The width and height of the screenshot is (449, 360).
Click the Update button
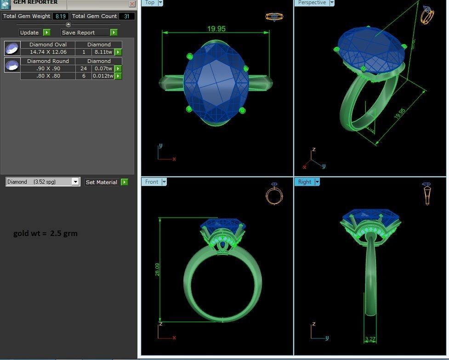29,33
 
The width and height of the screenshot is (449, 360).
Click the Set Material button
102,182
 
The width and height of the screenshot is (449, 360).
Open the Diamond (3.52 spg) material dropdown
75,182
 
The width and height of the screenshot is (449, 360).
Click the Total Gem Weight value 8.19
60,16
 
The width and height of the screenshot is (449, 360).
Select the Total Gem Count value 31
127,16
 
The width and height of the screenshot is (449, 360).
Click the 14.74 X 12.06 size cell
48,52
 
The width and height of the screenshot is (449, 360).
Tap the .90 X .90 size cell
48,68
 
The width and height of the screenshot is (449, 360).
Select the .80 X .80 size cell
48,76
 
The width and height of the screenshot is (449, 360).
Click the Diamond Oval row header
48,45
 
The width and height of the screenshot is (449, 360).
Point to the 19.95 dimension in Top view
216,28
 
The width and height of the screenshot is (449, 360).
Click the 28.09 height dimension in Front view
157,270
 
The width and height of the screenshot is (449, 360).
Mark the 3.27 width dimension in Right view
370,339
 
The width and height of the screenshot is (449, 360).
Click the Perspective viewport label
312,2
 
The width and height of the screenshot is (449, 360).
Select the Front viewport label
151,182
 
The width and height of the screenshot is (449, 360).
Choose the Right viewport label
304,182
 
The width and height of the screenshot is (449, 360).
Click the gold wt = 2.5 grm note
45,233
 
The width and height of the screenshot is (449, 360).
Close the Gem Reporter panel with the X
132,4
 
